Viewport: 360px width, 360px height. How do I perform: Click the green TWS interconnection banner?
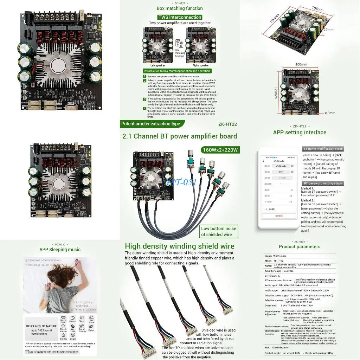pyautogui.click(x=180, y=17)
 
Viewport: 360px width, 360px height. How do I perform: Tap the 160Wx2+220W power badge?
pyautogui.click(x=220, y=150)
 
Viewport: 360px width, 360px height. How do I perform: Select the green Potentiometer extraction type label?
pyautogui.click(x=151, y=124)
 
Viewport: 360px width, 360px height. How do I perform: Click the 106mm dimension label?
pyautogui.click(x=317, y=9)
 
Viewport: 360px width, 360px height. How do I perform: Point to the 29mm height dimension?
pyautogui.click(x=328, y=30)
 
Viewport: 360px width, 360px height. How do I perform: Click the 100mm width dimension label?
pyautogui.click(x=301, y=65)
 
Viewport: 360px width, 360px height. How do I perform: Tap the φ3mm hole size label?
pyautogui.click(x=330, y=113)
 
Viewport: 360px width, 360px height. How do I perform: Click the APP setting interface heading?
pyautogui.click(x=300, y=133)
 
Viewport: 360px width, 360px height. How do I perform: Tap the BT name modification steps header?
pyautogui.click(x=323, y=149)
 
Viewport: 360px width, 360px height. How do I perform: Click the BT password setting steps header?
pyautogui.click(x=323, y=184)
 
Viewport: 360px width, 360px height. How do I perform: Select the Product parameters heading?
pyautogui.click(x=299, y=247)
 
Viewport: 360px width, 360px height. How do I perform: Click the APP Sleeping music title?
pyautogui.click(x=60, y=250)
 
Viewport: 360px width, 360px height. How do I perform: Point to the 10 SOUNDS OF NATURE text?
pyautogui.click(x=41, y=326)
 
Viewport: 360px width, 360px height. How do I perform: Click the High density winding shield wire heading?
pyautogui.click(x=179, y=246)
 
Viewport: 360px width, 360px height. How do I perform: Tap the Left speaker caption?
pyautogui.click(x=157, y=65)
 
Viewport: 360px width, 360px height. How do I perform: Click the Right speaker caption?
pyautogui.click(x=200, y=65)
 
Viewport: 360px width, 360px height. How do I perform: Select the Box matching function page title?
pyautogui.click(x=180, y=8)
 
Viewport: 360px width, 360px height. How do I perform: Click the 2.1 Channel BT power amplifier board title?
pyautogui.click(x=179, y=136)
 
